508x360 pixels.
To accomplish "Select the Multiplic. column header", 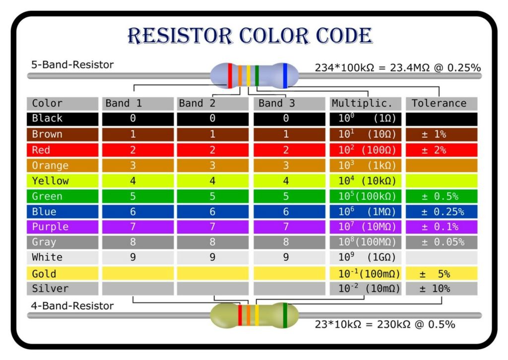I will (365, 103).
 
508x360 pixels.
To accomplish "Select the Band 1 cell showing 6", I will (133, 212).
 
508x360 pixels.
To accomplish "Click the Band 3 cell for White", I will (286, 257).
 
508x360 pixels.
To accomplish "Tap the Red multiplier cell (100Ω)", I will (365, 150).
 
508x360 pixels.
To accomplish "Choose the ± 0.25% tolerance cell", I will (442, 212).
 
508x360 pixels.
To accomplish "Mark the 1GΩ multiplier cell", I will (365, 257).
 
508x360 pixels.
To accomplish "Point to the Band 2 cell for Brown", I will (212, 134).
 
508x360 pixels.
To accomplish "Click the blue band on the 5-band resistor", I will (285, 75).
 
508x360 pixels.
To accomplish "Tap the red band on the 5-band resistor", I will (230, 75).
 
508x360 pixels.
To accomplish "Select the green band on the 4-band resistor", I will (285, 315).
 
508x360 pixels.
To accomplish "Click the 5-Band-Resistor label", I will (72, 65).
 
